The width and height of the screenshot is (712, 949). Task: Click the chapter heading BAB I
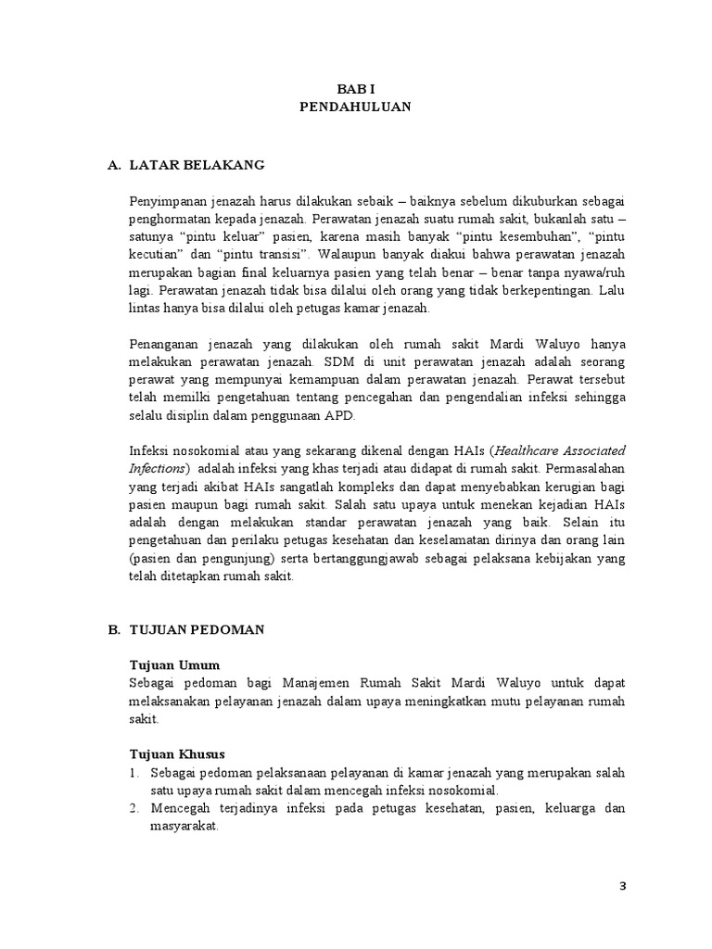356,89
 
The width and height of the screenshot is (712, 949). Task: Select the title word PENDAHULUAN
356,108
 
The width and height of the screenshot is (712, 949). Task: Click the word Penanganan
166,345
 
